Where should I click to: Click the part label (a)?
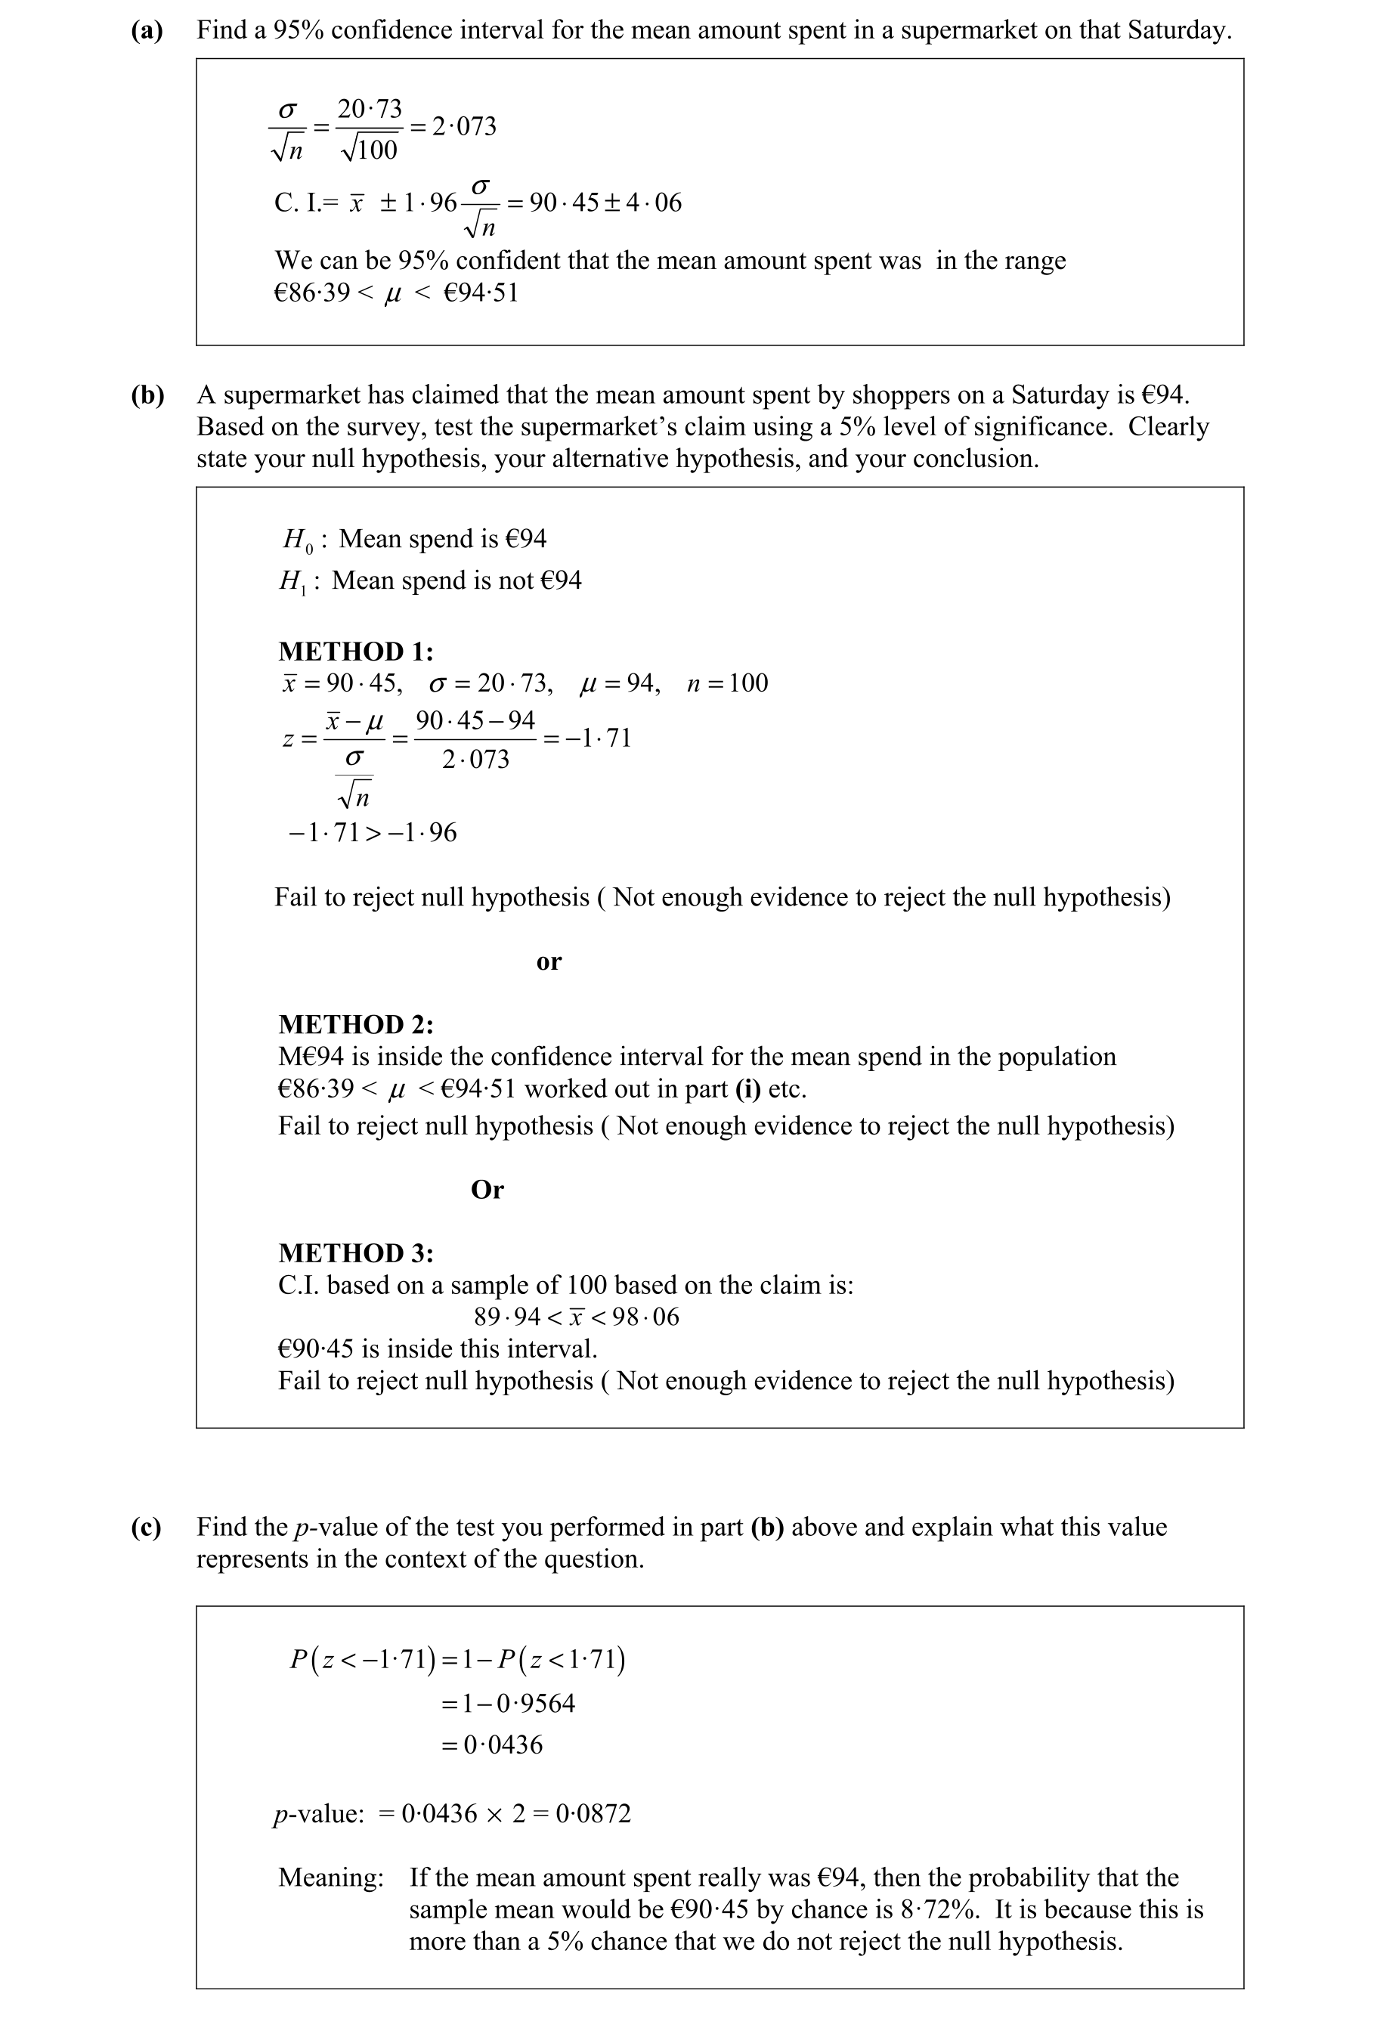tap(147, 31)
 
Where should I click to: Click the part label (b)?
tap(147, 395)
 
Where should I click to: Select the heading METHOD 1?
tap(356, 651)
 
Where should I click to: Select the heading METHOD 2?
tap(356, 1024)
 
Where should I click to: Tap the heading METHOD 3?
tap(356, 1253)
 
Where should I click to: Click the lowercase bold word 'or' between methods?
tap(549, 962)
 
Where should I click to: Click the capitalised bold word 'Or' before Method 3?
tap(487, 1190)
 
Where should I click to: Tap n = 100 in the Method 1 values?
tap(726, 683)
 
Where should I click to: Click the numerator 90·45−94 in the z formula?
tap(475, 720)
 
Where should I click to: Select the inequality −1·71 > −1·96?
tap(373, 832)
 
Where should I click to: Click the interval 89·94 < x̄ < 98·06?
tap(576, 1317)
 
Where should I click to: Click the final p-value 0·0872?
tap(593, 1813)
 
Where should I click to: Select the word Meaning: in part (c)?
tap(330, 1878)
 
